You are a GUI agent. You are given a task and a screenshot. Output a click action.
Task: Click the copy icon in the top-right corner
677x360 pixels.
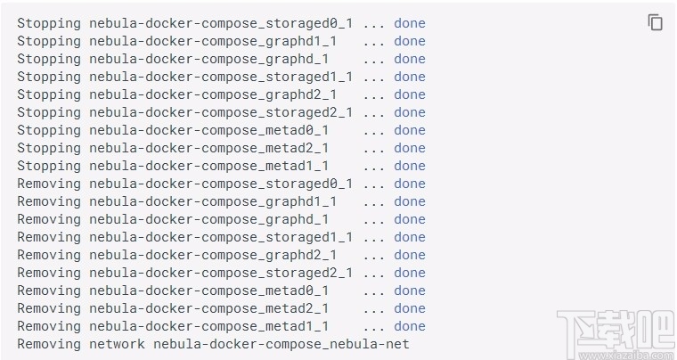click(656, 23)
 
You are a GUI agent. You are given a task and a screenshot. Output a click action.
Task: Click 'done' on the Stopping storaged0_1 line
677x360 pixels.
click(410, 23)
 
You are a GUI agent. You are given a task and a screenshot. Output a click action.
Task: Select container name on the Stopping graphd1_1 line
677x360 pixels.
click(213, 41)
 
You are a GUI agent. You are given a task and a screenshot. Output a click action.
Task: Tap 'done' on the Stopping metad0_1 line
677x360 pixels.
click(410, 130)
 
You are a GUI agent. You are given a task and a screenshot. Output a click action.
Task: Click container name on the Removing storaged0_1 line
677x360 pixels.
click(221, 184)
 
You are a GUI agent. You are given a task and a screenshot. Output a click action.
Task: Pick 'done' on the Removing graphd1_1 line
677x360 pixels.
click(410, 201)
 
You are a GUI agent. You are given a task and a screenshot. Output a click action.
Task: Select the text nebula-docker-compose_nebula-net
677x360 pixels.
click(281, 344)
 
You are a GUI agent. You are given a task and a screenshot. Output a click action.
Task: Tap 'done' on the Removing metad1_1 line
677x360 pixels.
click(410, 326)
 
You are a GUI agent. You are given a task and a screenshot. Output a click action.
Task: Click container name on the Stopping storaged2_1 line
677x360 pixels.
click(221, 112)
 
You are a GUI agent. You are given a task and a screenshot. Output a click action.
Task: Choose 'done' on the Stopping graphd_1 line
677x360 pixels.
click(410, 59)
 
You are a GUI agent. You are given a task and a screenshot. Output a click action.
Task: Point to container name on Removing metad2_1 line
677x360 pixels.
click(208, 308)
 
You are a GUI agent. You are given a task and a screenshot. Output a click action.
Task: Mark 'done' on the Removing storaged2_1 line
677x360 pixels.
click(410, 273)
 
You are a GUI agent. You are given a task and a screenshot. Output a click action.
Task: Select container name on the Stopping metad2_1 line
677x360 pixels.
click(208, 148)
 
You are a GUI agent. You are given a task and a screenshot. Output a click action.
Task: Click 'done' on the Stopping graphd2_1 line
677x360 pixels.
click(410, 94)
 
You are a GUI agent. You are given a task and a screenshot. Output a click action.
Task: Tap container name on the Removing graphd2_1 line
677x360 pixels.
click(213, 255)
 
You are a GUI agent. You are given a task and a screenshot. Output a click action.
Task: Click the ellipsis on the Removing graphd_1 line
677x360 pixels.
click(374, 219)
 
